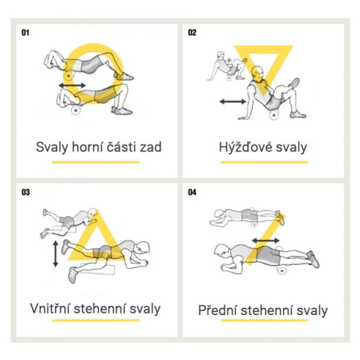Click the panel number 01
[x=25, y=33]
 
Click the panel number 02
[x=192, y=33]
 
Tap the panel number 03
[x=25, y=192]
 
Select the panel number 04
[x=192, y=192]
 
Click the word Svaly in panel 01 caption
[x=52, y=147]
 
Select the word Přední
[x=218, y=310]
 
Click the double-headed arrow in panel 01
[x=72, y=85]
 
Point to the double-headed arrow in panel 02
[x=233, y=102]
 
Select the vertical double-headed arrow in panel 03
[x=55, y=254]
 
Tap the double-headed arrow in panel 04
[x=266, y=241]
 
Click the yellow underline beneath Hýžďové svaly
[x=264, y=162]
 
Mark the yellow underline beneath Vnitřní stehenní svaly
[x=96, y=320]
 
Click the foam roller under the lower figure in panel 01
[x=76, y=110]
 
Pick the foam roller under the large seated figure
[x=273, y=115]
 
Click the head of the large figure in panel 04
[x=221, y=250]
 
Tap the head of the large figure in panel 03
[x=142, y=248]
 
